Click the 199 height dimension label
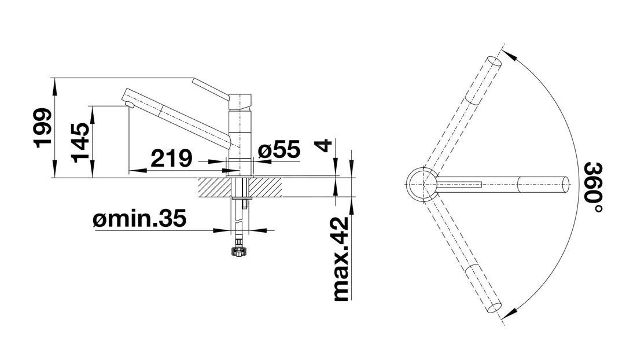43,127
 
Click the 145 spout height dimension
80,142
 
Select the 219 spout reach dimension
171,158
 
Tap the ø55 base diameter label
279,149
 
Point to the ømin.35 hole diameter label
139,219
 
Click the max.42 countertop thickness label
341,259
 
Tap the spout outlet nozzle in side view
130,105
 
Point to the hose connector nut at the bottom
238,251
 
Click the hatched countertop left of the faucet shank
215,187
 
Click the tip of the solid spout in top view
570,185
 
